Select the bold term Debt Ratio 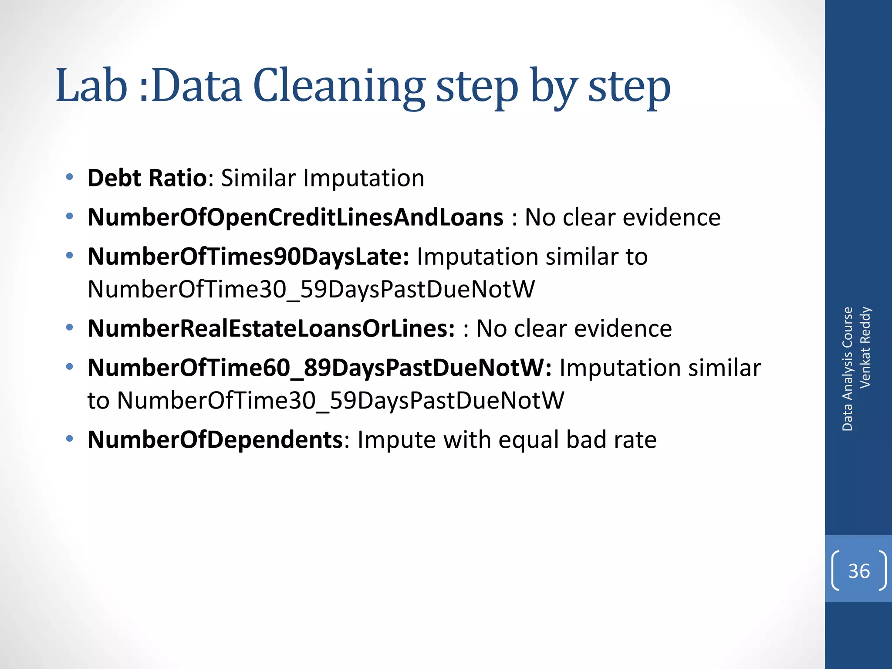tap(147, 178)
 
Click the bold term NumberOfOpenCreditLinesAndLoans tap(295, 217)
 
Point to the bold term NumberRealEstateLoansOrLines tap(271, 328)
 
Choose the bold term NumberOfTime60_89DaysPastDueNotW tap(319, 368)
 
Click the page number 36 tap(859, 571)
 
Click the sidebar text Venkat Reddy tap(865, 347)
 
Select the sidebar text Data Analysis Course tap(848, 369)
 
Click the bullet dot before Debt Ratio tap(69, 177)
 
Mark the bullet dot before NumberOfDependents tap(69, 438)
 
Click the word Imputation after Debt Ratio tap(363, 178)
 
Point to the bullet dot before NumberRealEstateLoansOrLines tap(69, 327)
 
